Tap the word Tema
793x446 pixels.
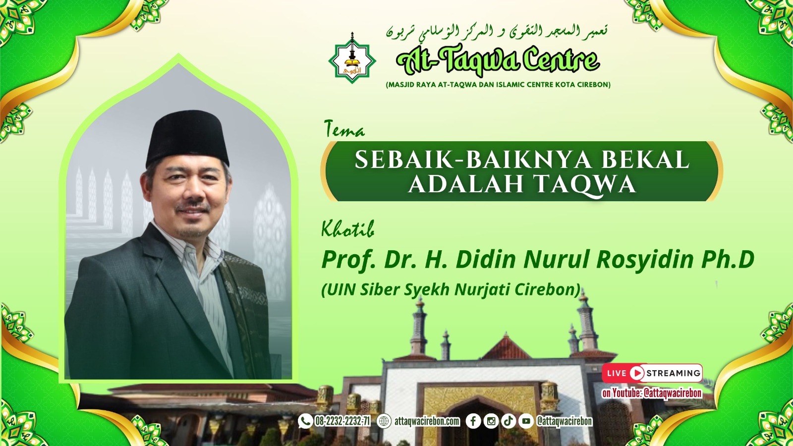tap(344, 129)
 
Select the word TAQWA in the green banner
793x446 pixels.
tap(585, 184)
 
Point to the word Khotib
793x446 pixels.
tap(347, 229)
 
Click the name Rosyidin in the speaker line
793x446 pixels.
tap(644, 259)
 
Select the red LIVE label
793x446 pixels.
tap(617, 373)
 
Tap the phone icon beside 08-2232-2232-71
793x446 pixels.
tap(305, 421)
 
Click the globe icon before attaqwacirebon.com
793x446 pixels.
tap(384, 421)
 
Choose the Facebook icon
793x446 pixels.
tap(473, 421)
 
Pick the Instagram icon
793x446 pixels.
tap(491, 421)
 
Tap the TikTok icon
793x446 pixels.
tap(508, 421)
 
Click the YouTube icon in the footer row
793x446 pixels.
tap(526, 421)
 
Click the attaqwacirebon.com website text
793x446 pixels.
tap(427, 422)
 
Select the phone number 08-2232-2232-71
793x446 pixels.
tap(342, 422)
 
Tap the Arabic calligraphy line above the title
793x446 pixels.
tap(497, 32)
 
